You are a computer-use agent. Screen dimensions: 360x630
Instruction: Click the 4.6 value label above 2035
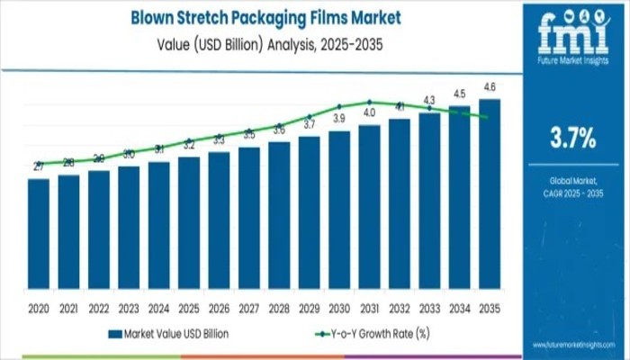pyautogui.click(x=489, y=86)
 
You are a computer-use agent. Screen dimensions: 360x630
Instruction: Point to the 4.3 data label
pyautogui.click(x=429, y=100)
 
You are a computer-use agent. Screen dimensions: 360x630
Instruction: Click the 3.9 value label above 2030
pyautogui.click(x=339, y=119)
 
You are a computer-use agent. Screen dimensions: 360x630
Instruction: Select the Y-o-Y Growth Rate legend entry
pyautogui.click(x=369, y=333)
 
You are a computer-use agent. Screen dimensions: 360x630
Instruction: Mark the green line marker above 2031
pyautogui.click(x=369, y=102)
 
